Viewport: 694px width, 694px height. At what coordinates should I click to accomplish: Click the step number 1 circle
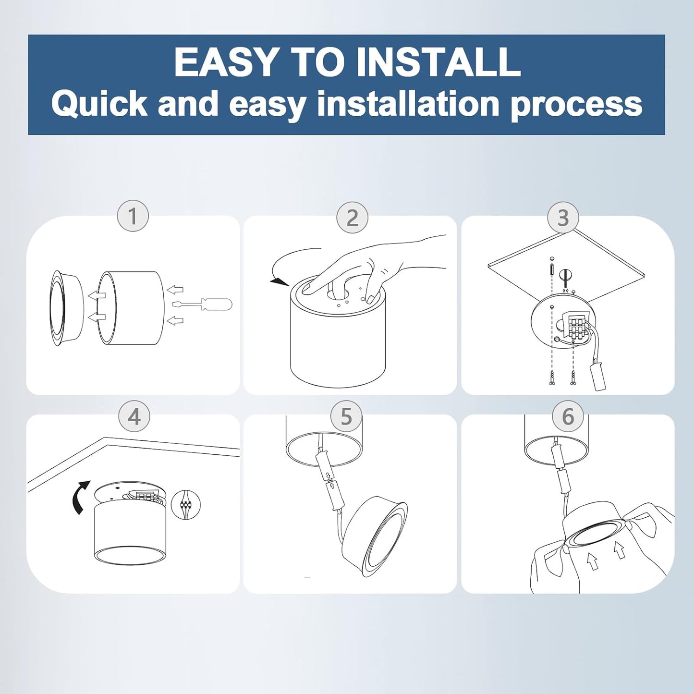[x=133, y=216]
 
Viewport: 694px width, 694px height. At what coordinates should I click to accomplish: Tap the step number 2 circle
[x=352, y=218]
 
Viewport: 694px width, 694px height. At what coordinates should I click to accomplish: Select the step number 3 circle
[x=563, y=217]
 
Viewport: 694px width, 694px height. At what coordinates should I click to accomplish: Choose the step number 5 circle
[x=346, y=416]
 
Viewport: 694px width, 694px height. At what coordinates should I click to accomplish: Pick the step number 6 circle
[x=568, y=416]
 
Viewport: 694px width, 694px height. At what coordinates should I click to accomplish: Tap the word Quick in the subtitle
[x=99, y=104]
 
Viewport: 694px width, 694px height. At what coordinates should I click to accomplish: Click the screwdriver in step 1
[x=202, y=305]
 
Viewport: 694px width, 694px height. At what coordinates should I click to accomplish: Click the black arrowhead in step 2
[x=280, y=282]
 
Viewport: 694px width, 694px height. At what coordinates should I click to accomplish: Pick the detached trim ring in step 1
[x=67, y=308]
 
